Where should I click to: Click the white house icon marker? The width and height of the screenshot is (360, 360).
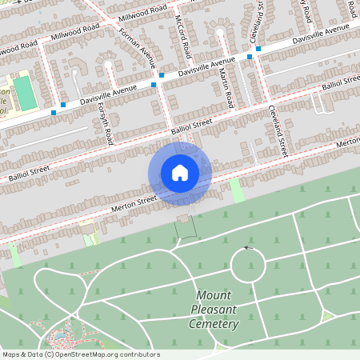180,173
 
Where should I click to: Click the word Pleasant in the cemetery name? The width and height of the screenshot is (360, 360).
215,310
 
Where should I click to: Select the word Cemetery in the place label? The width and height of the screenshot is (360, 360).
214,324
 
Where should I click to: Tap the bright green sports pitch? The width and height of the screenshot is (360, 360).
25,94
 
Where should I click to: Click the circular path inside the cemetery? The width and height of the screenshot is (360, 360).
248,265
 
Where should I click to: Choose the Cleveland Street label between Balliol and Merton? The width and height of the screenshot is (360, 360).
278,131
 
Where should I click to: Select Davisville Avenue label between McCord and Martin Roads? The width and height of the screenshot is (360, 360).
206,66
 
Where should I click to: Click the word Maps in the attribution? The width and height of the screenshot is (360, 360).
11,354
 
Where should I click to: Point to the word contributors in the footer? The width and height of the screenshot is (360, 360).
141,354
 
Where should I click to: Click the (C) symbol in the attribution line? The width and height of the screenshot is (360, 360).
49,354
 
